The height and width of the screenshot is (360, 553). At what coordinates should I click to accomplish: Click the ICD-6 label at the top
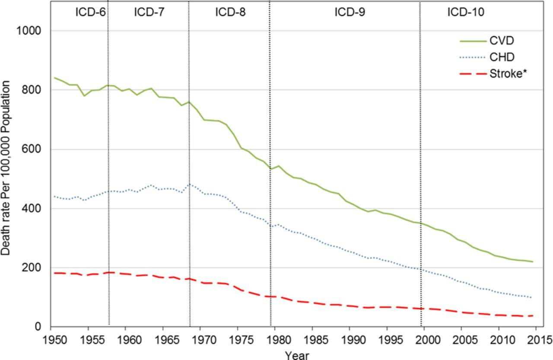tap(91, 12)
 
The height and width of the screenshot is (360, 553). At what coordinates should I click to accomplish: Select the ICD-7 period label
tap(149, 12)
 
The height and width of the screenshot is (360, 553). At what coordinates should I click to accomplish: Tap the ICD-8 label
tap(230, 12)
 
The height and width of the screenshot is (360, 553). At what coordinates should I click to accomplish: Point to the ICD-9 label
tap(350, 12)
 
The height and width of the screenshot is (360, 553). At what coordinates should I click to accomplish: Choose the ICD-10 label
tap(466, 12)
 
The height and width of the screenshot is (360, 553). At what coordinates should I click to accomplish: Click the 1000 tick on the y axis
tap(30, 31)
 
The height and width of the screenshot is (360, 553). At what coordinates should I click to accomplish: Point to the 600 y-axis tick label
tap(33, 150)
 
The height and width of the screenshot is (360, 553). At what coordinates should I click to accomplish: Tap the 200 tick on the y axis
tap(33, 268)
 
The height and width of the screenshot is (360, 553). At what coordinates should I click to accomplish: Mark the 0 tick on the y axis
tap(39, 327)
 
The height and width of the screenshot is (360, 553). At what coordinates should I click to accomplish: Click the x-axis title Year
tap(297, 354)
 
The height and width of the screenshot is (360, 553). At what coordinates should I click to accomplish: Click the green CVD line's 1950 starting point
tap(54, 78)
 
